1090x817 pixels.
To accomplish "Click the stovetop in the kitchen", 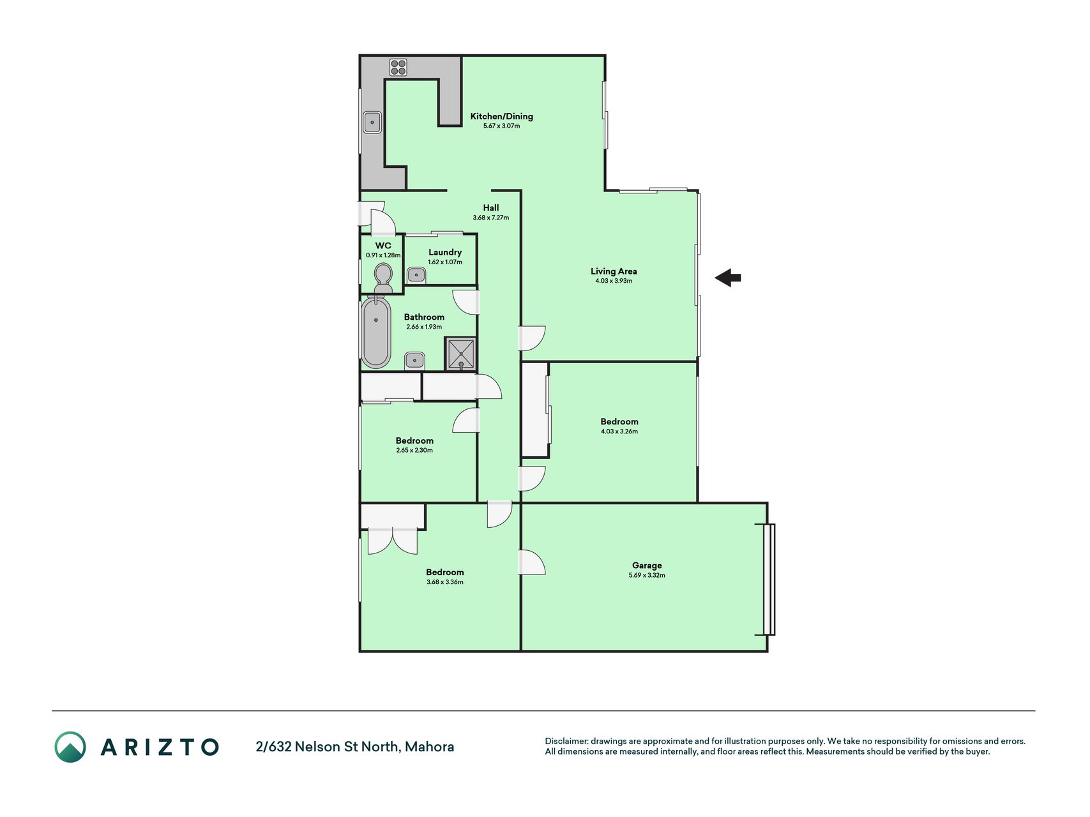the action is (x=398, y=67).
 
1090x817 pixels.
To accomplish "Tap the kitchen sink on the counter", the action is (x=372, y=123).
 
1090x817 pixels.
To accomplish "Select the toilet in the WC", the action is (x=383, y=278).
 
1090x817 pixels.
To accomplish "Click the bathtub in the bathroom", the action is (x=376, y=333).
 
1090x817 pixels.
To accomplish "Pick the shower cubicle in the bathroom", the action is (x=460, y=354).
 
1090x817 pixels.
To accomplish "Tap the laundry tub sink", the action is (x=416, y=275).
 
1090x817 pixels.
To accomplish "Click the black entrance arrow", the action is (x=727, y=278).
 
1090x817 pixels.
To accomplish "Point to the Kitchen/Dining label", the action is (x=501, y=116).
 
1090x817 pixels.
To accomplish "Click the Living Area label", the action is (x=614, y=271).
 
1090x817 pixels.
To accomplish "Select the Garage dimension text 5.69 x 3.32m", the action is (x=647, y=575).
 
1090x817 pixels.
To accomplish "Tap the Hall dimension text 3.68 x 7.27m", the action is (x=490, y=218).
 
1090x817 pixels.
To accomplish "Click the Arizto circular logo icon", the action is (x=70, y=747).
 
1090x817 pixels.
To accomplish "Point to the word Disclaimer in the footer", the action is (x=566, y=741).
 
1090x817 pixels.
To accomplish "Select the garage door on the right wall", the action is (x=769, y=580).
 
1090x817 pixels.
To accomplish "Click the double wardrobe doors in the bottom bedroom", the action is (x=393, y=541).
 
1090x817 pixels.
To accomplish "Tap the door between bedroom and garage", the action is (x=532, y=562).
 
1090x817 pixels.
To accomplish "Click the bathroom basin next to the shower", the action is (x=414, y=361).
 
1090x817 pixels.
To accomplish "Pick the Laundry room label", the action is (x=445, y=252).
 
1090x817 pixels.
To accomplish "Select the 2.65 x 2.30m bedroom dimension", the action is (x=414, y=450).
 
